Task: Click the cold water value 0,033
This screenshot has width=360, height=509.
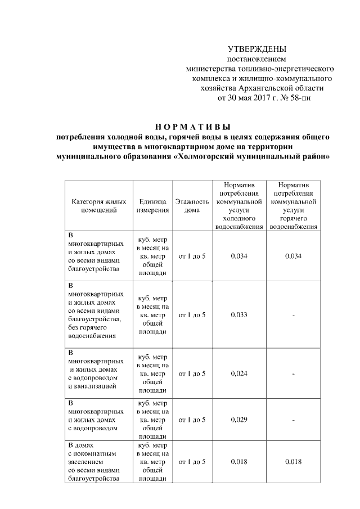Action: tap(239, 314)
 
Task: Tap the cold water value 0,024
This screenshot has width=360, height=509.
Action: tap(239, 373)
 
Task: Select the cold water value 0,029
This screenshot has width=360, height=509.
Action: tap(239, 420)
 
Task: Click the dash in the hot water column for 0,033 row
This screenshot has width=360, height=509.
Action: tap(293, 314)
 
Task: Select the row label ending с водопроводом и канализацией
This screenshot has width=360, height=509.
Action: tap(93, 373)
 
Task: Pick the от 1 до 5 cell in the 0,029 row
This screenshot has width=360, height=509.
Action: tap(192, 420)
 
